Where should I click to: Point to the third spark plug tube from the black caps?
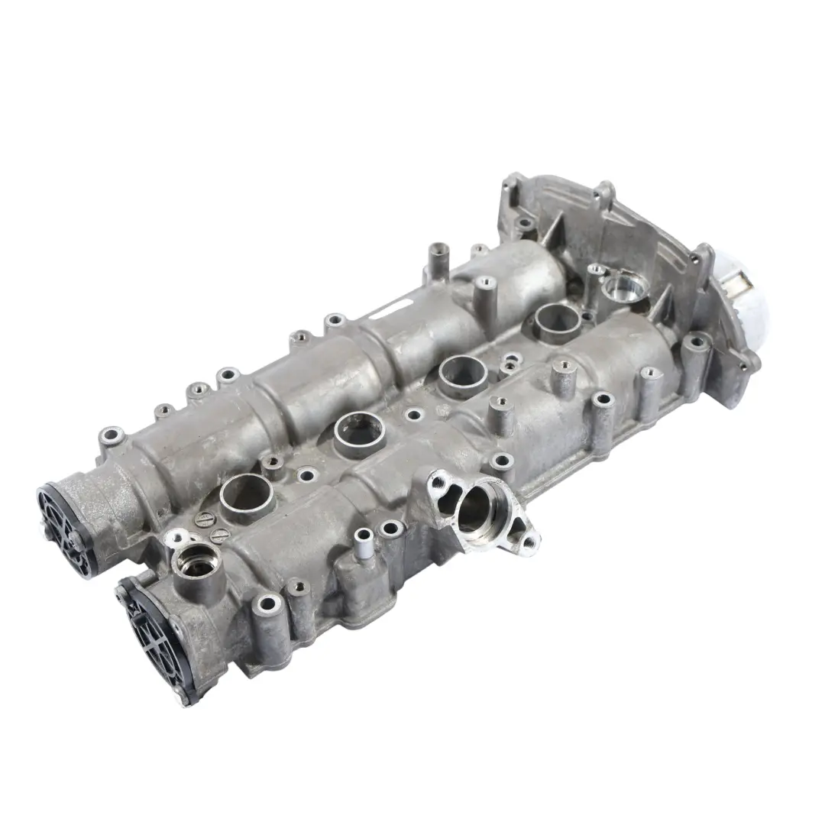[x=463, y=373]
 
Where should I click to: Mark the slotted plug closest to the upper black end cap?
[x=203, y=519]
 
